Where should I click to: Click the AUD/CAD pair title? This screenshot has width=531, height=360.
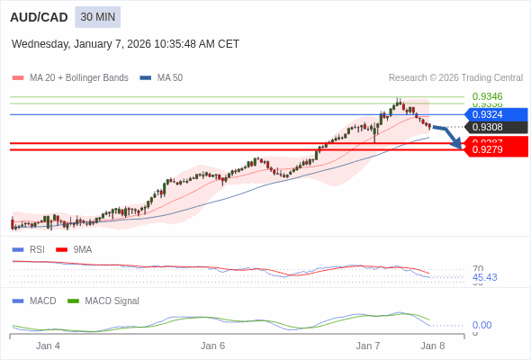pos(39,17)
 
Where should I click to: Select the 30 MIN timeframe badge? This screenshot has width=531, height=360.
pos(97,17)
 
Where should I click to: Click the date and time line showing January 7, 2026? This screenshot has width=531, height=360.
pos(125,43)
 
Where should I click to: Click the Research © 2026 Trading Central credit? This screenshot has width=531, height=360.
pos(455,78)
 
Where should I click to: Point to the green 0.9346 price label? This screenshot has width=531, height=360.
pos(487,96)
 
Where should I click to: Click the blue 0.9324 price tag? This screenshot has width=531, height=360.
pos(493,114)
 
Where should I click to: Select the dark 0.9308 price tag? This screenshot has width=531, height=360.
pos(493,127)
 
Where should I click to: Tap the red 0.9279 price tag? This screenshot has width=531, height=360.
pos(493,149)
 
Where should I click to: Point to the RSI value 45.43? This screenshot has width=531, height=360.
pos(484,277)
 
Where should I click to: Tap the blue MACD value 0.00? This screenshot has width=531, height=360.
pos(481,325)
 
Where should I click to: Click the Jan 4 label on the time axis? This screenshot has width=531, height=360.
pos(48,346)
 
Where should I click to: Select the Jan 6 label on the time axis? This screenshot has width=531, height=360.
pos(212,346)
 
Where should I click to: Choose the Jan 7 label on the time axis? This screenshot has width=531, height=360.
pos(368,346)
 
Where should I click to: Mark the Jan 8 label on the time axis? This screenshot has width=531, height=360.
pos(433,346)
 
